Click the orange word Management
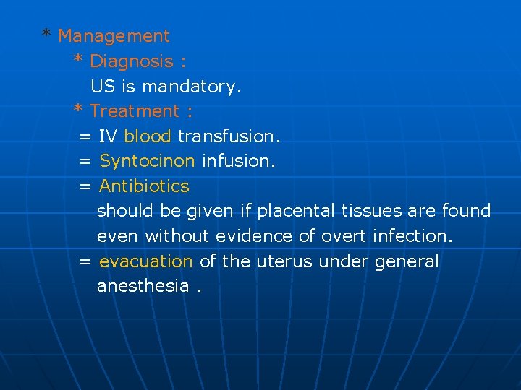point(114,36)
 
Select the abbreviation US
point(103,87)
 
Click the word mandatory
point(192,87)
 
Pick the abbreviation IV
point(109,136)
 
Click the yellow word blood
point(148,136)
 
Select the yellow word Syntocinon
point(148,161)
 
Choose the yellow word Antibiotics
point(145,186)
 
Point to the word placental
point(295,211)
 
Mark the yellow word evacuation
point(146,261)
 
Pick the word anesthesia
point(143,286)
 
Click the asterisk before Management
point(46,35)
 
